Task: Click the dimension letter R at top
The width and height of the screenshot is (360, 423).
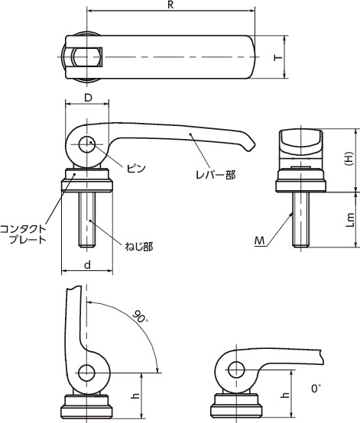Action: pyautogui.click(x=170, y=5)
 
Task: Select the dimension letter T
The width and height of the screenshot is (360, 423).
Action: pyautogui.click(x=279, y=57)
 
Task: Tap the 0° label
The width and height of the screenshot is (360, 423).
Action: pyautogui.click(x=316, y=389)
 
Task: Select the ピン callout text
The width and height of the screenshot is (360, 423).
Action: pyautogui.click(x=137, y=165)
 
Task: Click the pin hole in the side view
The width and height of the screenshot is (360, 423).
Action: pyautogui.click(x=89, y=142)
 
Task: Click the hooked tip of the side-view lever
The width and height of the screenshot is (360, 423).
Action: pyautogui.click(x=248, y=143)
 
